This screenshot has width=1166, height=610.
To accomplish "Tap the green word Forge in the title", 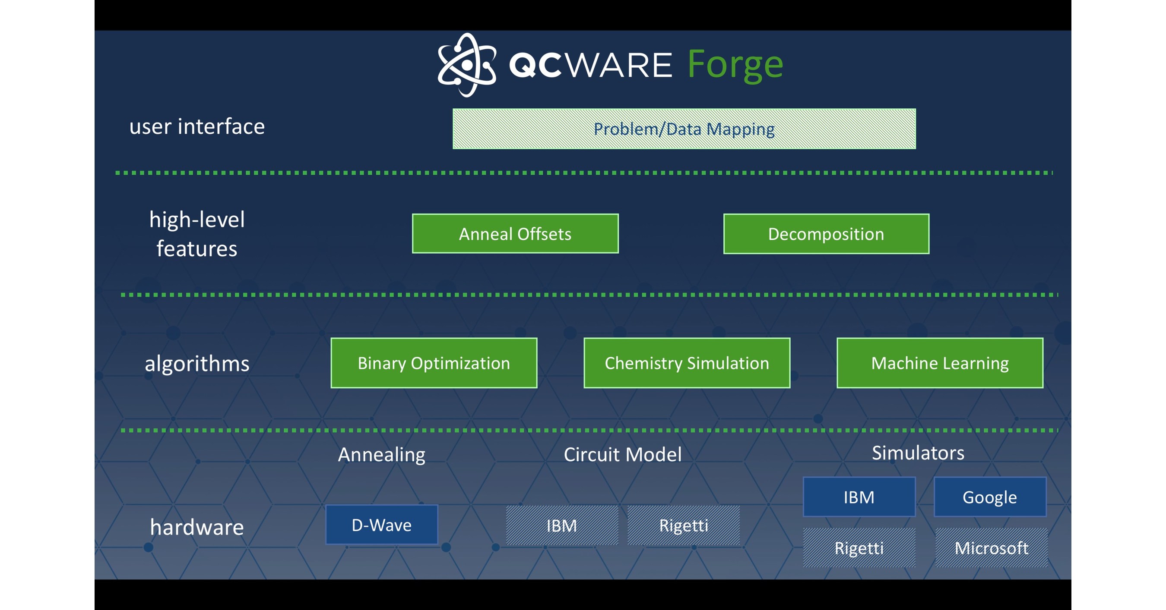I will pos(735,65).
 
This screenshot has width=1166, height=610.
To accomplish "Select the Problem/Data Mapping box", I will pos(684,129).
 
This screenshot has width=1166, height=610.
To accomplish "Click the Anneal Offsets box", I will pos(515,234).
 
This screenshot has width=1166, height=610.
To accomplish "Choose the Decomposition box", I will pos(826,234).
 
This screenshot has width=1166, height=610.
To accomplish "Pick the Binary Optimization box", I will pos(434,363).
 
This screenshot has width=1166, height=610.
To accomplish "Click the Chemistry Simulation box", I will pos(687,363).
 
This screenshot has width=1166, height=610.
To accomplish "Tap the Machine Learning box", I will pos(940,363).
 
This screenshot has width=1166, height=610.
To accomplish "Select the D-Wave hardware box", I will pos(382,525).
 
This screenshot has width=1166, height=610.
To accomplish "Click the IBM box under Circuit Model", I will pos(562,525).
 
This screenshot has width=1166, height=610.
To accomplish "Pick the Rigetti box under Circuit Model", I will pos(684,525).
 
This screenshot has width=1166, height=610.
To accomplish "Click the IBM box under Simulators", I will pos(859,497).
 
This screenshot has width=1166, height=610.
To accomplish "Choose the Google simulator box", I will pos(990,497).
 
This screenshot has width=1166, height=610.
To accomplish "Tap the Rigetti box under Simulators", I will pos(859,547).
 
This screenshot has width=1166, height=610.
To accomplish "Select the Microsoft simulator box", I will pos(991,547).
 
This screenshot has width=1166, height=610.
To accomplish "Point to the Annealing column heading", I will pos(382,454).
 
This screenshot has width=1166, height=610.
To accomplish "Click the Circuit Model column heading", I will pos(622,454).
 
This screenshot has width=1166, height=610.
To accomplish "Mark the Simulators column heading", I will pos(918,453).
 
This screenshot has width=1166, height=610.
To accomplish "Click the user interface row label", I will pos(197,126).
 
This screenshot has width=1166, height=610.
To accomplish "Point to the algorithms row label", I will pos(197,364).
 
